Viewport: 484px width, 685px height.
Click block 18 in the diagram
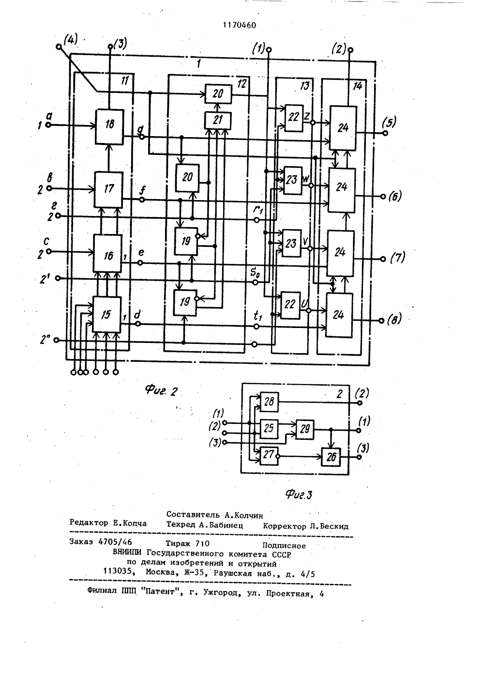point(109,126)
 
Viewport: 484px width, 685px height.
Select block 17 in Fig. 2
point(108,189)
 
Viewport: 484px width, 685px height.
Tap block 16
point(107,253)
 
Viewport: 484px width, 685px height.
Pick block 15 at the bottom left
point(106,314)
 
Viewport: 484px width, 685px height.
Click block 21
point(218,121)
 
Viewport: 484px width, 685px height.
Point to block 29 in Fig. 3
point(304,430)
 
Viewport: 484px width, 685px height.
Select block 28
point(269,402)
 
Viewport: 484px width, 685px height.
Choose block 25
point(269,429)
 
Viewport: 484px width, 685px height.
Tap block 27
point(269,456)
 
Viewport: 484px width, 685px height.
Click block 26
point(331,457)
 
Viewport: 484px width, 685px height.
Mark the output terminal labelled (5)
point(386,133)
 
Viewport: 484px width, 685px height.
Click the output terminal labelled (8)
point(381,321)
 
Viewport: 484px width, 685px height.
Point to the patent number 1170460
point(240,25)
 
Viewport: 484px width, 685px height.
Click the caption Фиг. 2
point(161,390)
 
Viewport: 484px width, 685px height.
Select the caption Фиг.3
point(299,495)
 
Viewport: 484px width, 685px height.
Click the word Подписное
point(284,546)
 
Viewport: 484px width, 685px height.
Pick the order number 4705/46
point(115,542)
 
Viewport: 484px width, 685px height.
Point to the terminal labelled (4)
point(59,47)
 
